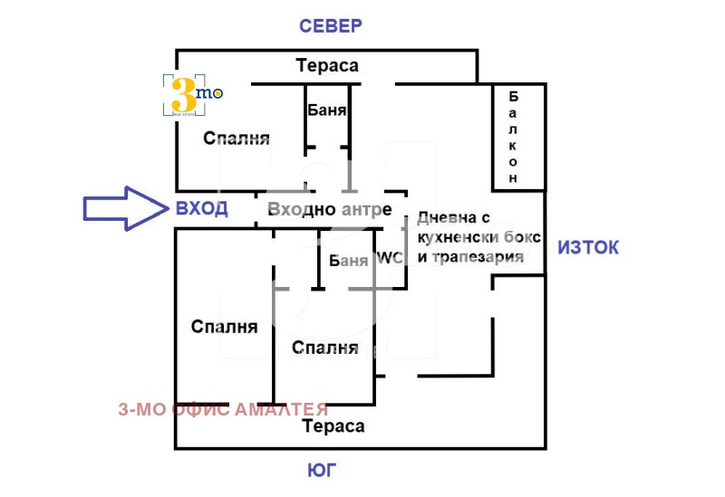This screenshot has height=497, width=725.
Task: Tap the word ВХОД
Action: pos(201,208)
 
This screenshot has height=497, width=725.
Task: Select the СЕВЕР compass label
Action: pos(331,25)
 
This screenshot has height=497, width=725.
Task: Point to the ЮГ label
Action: pos(329,471)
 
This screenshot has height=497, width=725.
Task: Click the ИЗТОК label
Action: pos(588,246)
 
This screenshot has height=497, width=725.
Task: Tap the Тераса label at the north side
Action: pos(327,65)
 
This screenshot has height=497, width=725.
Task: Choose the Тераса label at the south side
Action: pos(333,426)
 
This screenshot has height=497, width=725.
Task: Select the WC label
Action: pos(390,258)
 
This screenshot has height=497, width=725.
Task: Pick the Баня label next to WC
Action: pos(349,262)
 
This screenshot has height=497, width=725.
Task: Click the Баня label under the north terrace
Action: pos(326,111)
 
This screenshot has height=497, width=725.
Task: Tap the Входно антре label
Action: pos(330,210)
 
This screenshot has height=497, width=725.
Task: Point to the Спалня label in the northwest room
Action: pos(237,139)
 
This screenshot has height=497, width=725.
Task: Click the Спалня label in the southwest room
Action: pos(224,327)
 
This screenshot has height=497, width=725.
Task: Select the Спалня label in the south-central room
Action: pos(324,348)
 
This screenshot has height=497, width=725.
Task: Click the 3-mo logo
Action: pos(191,94)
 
